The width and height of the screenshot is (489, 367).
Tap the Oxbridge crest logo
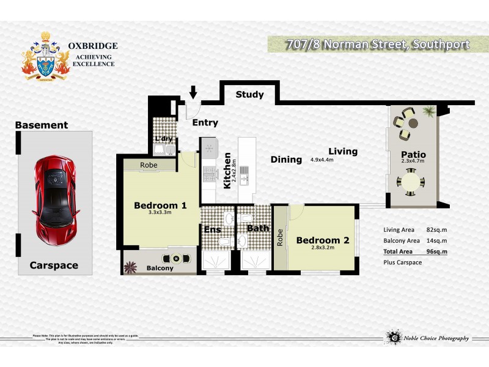pos(46,56)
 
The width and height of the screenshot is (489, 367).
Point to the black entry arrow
pos(193,93)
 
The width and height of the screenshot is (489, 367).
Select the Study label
pos(249,95)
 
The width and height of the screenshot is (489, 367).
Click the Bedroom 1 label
pos(160,206)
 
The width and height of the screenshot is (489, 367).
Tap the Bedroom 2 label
pos(322,240)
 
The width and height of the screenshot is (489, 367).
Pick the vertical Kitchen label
pos(227,171)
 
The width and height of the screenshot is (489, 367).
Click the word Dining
pos(287,160)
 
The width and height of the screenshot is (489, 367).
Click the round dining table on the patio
pos(408,183)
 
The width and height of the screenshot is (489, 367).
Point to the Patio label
pos(413,154)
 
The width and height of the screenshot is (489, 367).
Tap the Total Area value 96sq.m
pos(436,251)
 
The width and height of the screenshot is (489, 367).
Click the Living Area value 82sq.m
pos(436,229)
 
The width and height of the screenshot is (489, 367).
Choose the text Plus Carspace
pos(402,262)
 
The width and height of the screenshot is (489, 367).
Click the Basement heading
pos(42,125)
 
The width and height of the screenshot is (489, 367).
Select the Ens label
pos(211,229)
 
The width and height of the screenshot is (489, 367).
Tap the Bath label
pos(258,228)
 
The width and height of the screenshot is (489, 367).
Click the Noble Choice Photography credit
pos(435,338)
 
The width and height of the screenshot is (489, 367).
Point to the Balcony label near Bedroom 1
pos(160,268)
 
